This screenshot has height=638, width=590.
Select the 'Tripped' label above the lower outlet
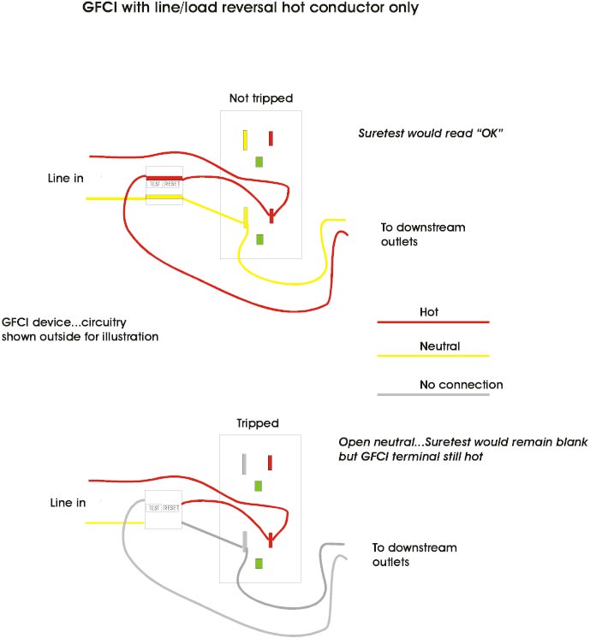pyautogui.click(x=258, y=423)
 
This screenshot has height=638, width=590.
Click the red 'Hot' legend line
pyautogui.click(x=432, y=322)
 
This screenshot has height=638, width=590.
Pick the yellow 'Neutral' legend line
pyautogui.click(x=432, y=355)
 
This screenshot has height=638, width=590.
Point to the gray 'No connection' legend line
pyautogui.click(x=432, y=394)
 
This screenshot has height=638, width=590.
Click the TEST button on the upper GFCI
pyautogui.click(x=155, y=184)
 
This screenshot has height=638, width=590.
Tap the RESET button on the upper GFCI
pyautogui.click(x=172, y=184)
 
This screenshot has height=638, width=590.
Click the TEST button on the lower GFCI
pyautogui.click(x=155, y=507)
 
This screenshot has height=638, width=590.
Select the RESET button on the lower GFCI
pyautogui.click(x=172, y=507)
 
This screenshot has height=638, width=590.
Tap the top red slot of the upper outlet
pyautogui.click(x=271, y=139)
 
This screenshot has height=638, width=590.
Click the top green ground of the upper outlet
pyautogui.click(x=259, y=161)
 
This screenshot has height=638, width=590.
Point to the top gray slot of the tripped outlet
pyautogui.click(x=245, y=464)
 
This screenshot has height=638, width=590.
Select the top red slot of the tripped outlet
pyautogui.click(x=271, y=463)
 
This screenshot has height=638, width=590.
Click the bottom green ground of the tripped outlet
pyautogui.click(x=259, y=564)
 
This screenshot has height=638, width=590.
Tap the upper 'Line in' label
pyautogui.click(x=69, y=178)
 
